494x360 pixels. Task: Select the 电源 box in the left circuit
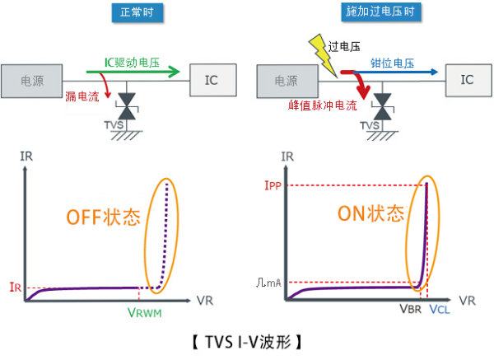pos(30,80)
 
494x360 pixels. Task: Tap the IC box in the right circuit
pos(467,80)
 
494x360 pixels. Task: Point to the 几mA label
pos(268,283)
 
